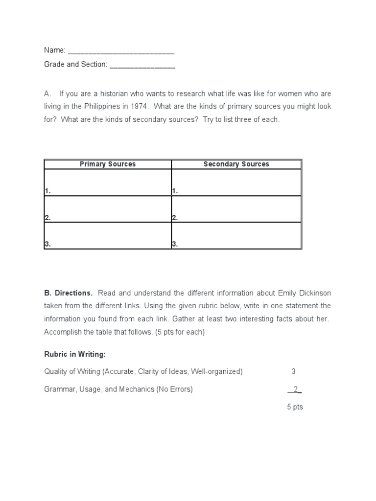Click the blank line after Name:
(x=121, y=51)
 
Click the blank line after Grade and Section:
(x=142, y=65)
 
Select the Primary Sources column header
(x=108, y=164)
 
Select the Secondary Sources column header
(x=236, y=164)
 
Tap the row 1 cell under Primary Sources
(x=108, y=182)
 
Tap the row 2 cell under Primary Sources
(x=108, y=209)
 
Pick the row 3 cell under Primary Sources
(x=108, y=235)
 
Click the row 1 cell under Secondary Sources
(x=236, y=182)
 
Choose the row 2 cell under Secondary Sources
(x=236, y=209)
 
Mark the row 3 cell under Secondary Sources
(x=236, y=235)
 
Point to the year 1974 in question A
(x=123, y=107)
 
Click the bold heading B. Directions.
(x=68, y=293)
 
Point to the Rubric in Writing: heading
(x=75, y=354)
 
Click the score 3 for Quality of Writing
(x=294, y=371)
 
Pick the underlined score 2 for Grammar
(x=295, y=389)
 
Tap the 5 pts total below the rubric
(x=295, y=407)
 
